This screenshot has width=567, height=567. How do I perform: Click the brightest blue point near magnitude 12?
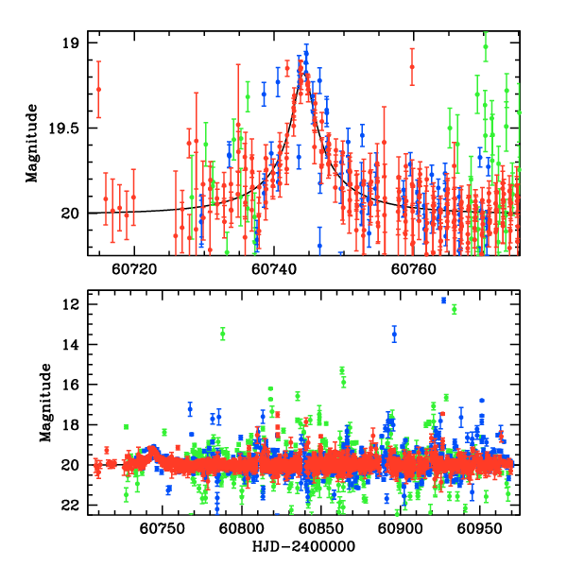[x=443, y=301]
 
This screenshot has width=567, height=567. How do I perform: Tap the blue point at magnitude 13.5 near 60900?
[x=395, y=334]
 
